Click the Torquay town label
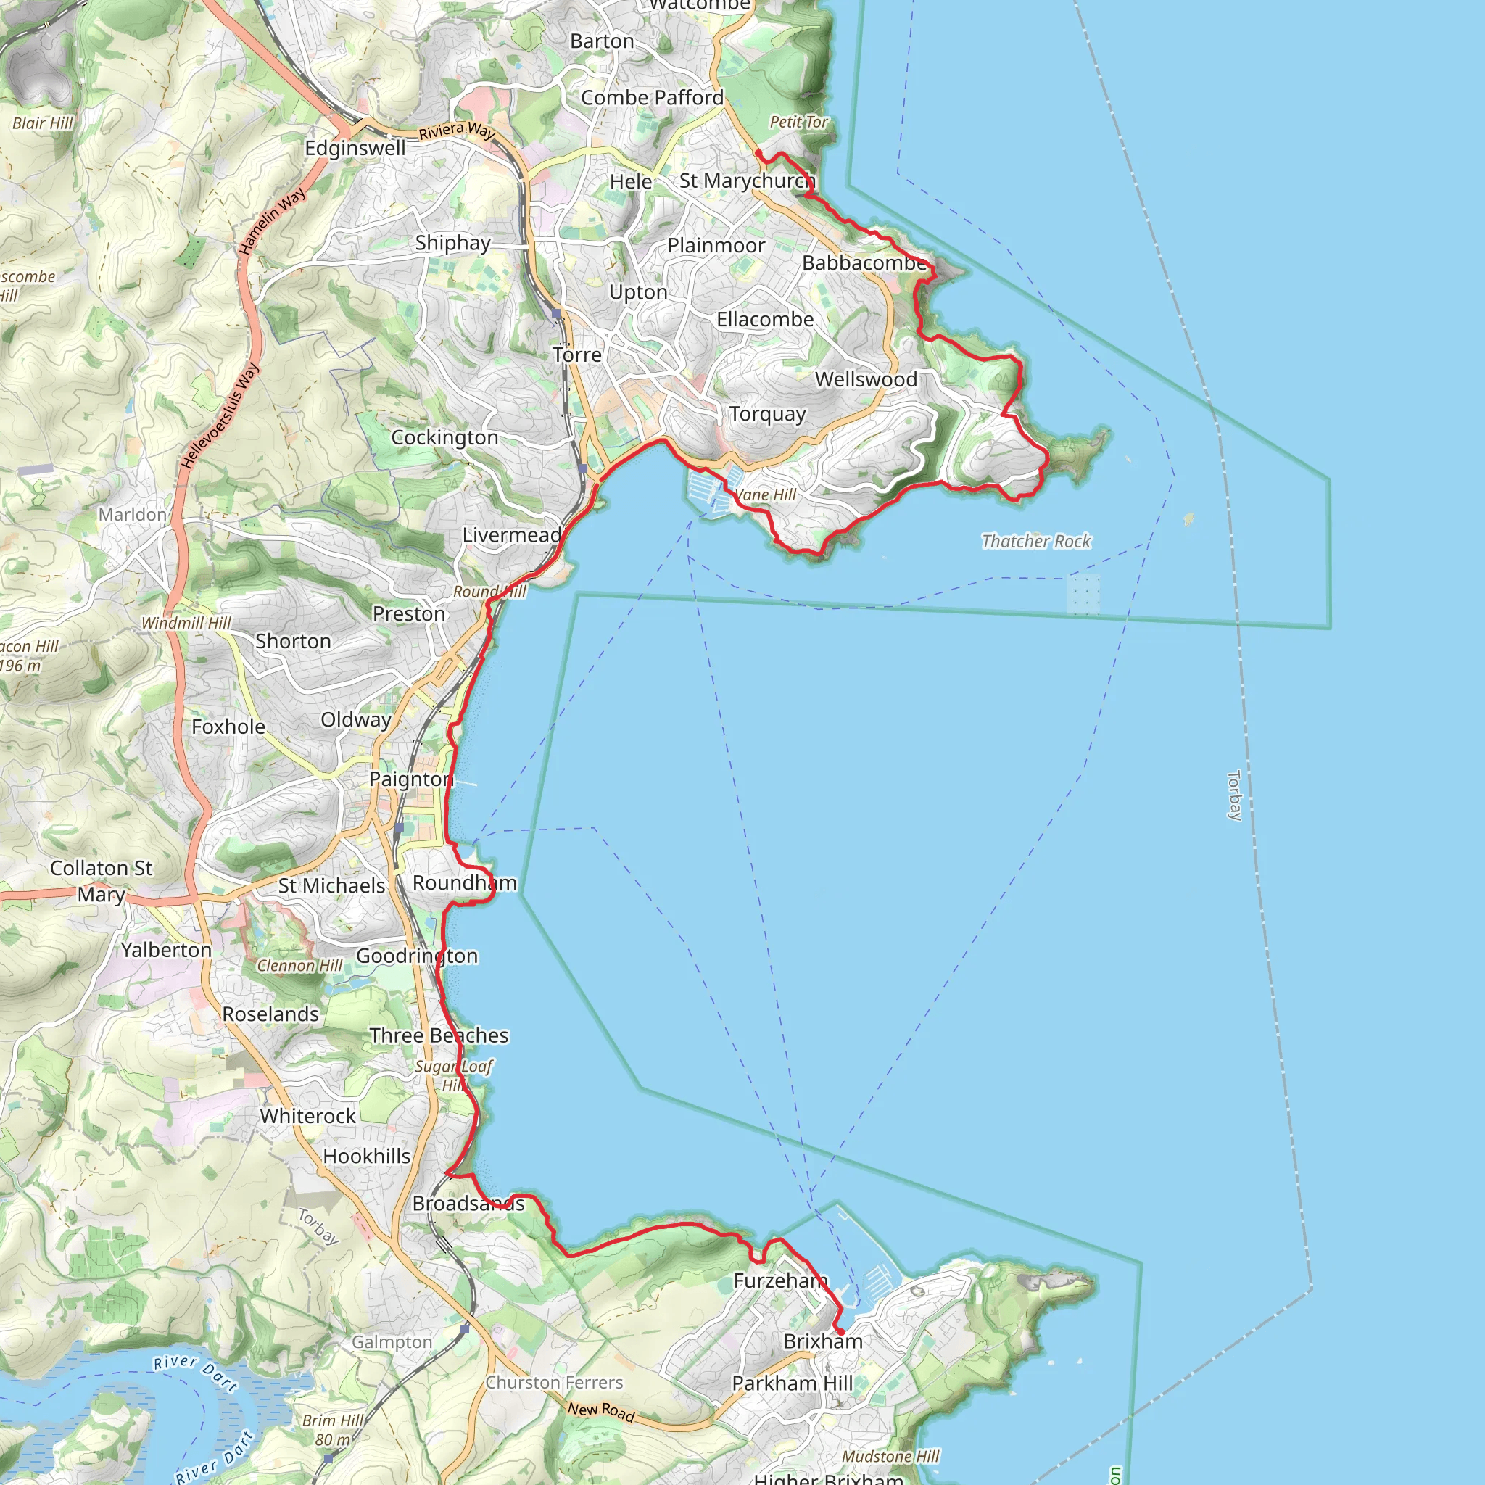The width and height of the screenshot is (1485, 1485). (767, 414)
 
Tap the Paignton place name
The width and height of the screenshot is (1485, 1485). (411, 779)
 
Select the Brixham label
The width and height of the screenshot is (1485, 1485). (822, 1341)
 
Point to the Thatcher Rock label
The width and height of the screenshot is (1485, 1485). (1035, 541)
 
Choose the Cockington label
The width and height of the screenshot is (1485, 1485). (444, 437)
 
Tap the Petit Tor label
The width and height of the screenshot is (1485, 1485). (798, 121)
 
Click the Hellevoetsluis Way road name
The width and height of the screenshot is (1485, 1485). (220, 415)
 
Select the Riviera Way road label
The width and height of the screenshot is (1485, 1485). (457, 131)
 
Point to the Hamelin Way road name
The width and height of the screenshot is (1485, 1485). (271, 221)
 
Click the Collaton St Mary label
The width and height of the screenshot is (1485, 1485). (101, 881)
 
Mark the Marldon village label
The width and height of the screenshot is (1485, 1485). (132, 514)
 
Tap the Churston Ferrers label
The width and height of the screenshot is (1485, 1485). (553, 1382)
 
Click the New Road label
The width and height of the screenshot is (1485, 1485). (601, 1411)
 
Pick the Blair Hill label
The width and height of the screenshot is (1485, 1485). (42, 123)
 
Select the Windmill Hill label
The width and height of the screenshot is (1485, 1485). (186, 623)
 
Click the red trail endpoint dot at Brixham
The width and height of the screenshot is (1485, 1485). (840, 1331)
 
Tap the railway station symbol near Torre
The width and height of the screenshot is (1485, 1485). (556, 313)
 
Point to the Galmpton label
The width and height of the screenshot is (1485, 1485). (392, 1342)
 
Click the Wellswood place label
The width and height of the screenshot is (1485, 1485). (866, 379)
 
